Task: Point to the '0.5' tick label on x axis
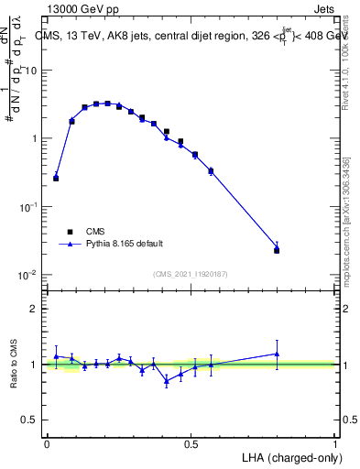point(191,443)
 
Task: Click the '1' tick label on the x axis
point(335,443)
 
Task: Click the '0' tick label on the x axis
point(47,443)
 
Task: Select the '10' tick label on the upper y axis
point(31,71)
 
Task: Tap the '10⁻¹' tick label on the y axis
point(29,207)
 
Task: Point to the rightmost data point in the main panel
point(277,249)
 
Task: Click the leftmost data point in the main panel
point(56,178)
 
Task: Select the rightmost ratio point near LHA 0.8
point(277,354)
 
